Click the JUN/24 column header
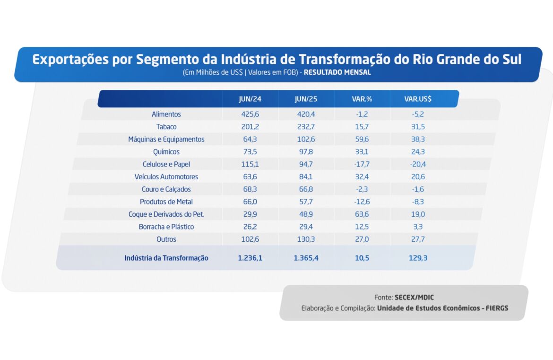[x=250, y=99]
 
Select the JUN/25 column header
[x=306, y=99]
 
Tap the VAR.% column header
[x=362, y=99]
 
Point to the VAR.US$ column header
[x=418, y=99]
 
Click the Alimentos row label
[x=166, y=114]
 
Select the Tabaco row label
[x=166, y=127]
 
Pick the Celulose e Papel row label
[x=166, y=164]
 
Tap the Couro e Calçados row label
[x=166, y=189]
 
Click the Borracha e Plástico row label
[x=166, y=227]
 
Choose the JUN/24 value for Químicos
[x=250, y=152]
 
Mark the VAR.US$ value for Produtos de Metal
[x=417, y=202]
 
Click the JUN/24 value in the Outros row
[x=250, y=239]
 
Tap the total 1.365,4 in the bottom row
[x=306, y=258]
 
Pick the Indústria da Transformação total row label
[x=166, y=258]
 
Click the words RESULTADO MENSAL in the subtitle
[x=337, y=73]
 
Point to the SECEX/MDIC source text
[x=414, y=298]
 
